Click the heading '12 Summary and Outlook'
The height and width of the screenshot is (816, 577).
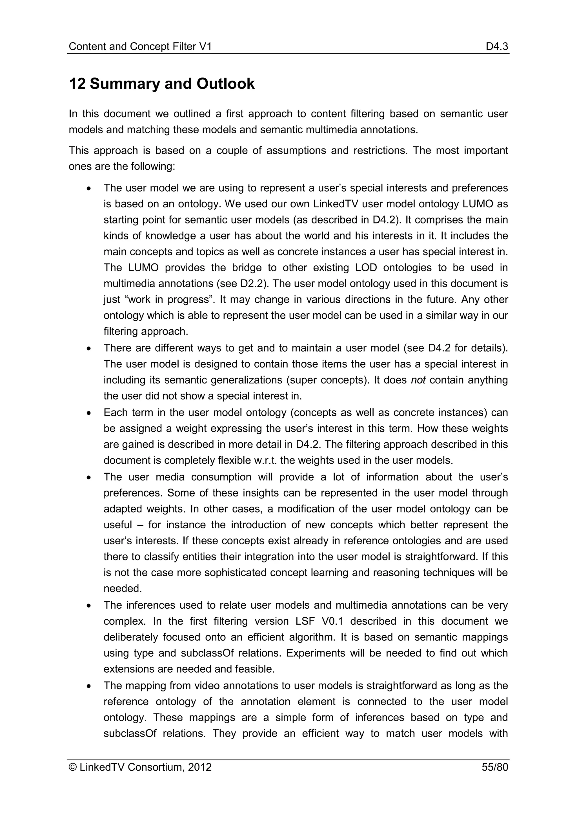(x=161, y=84)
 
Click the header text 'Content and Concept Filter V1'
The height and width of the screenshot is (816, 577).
(x=140, y=46)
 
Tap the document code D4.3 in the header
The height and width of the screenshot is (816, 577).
(x=497, y=46)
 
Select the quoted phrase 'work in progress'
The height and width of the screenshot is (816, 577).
(x=148, y=300)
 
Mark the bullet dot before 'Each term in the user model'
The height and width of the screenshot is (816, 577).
(x=88, y=413)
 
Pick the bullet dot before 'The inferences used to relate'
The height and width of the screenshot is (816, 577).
(x=88, y=606)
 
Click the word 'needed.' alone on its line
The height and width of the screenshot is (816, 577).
(x=123, y=589)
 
